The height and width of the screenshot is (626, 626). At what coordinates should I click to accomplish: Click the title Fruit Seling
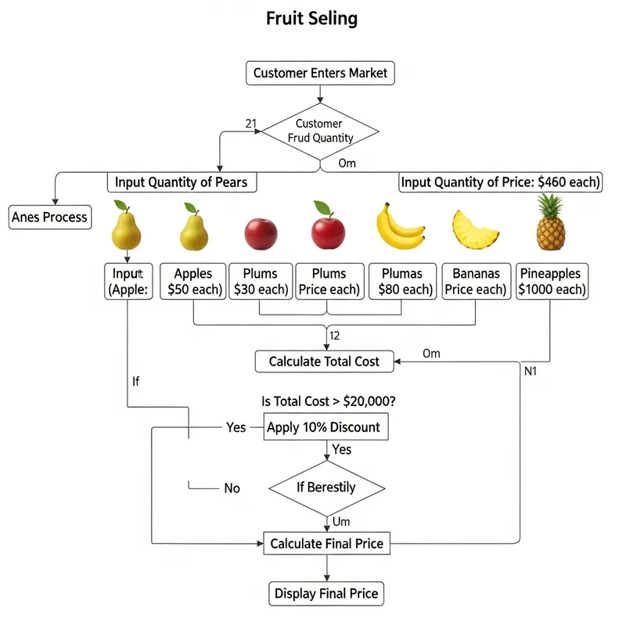click(x=312, y=19)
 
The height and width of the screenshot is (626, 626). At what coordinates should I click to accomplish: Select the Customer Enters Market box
click(x=320, y=74)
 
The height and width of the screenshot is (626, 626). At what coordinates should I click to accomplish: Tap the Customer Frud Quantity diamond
click(x=319, y=131)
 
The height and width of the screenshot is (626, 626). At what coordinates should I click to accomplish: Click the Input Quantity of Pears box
click(x=181, y=182)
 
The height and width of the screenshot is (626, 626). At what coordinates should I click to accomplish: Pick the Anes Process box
click(x=50, y=217)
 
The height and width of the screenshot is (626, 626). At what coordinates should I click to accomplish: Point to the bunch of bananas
click(x=401, y=226)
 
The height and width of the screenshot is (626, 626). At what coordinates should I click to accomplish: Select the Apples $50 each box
click(x=193, y=282)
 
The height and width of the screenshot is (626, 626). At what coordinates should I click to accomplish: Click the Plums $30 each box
click(x=261, y=282)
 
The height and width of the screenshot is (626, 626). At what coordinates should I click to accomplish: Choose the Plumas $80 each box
click(x=401, y=282)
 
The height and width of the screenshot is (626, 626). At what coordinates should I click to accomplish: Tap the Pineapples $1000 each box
click(x=551, y=282)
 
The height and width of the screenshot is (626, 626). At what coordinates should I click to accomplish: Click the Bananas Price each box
click(x=476, y=282)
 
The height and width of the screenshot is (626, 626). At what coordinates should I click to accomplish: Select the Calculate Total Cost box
click(x=324, y=362)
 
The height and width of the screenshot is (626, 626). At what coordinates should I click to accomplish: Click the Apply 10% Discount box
click(x=324, y=427)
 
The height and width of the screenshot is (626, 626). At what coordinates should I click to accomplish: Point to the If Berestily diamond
click(x=326, y=487)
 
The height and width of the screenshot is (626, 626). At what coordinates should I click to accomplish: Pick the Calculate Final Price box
click(x=326, y=543)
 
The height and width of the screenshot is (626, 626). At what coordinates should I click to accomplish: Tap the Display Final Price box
click(x=326, y=594)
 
